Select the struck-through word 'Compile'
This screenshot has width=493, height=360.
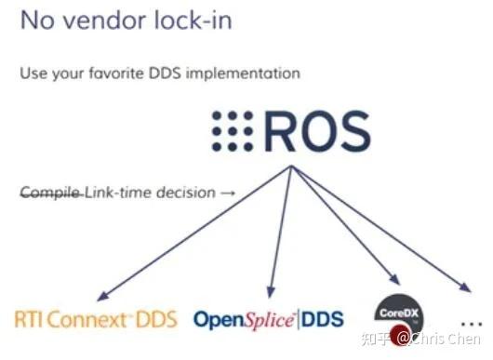pos(50,193)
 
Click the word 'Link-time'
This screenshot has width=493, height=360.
pos(113,193)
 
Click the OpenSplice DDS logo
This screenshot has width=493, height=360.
pos(268,319)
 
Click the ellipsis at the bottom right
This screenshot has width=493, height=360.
pos(472,319)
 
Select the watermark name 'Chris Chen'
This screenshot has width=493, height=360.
pos(449,339)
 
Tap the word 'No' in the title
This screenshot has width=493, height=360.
pos(34,20)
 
